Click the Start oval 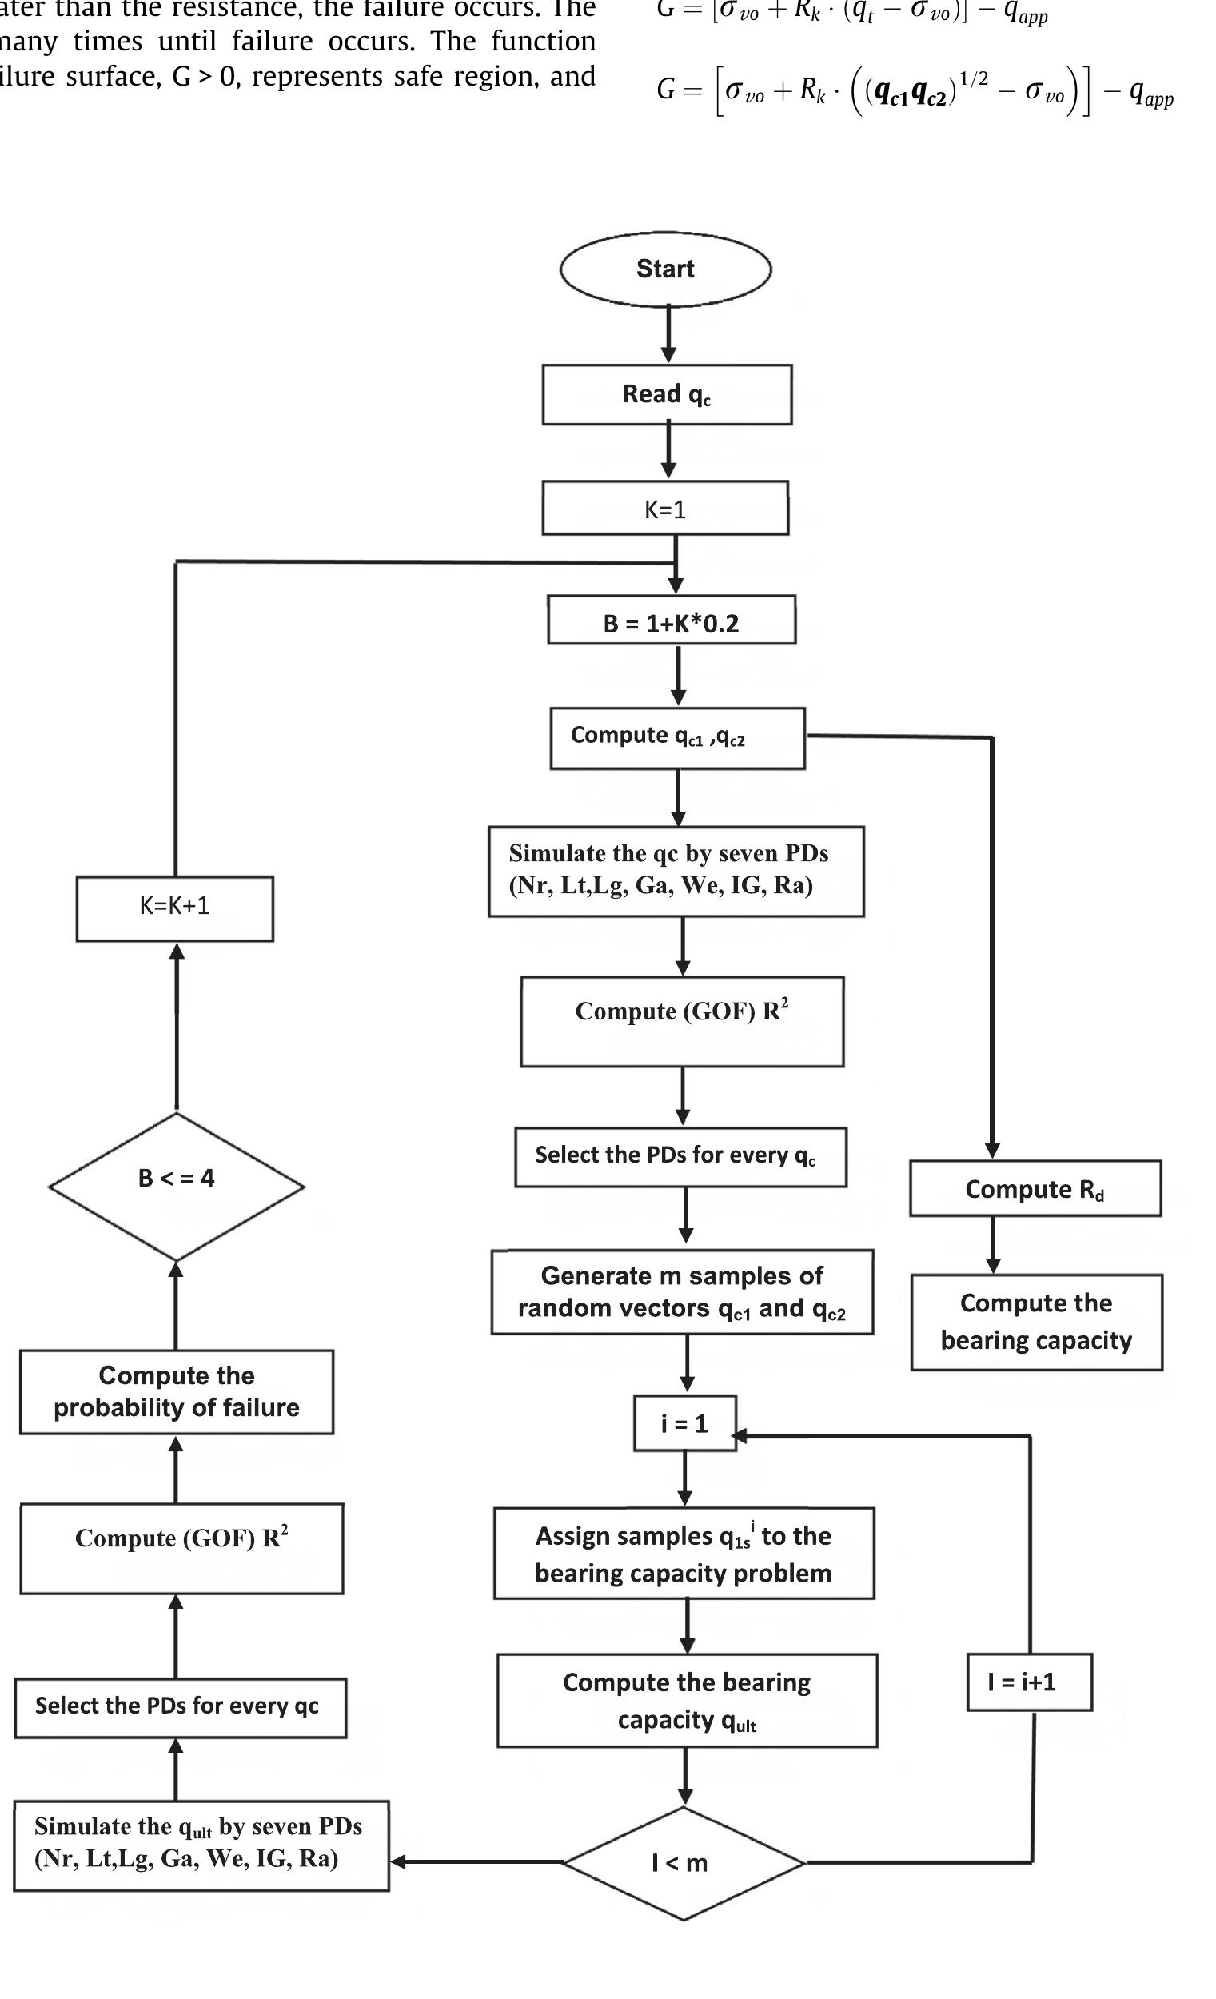665,269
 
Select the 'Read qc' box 667,394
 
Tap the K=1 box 665,509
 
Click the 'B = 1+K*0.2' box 672,620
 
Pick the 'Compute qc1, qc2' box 677,737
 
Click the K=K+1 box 174,908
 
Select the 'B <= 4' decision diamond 176,1186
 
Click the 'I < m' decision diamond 683,1863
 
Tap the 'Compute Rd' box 1035,1188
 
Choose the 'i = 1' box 684,1424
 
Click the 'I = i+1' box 1029,1682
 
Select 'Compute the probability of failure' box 176,1392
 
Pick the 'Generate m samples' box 682,1292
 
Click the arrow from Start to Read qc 668,334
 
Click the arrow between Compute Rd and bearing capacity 993,1245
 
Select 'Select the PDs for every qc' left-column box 180,1706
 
